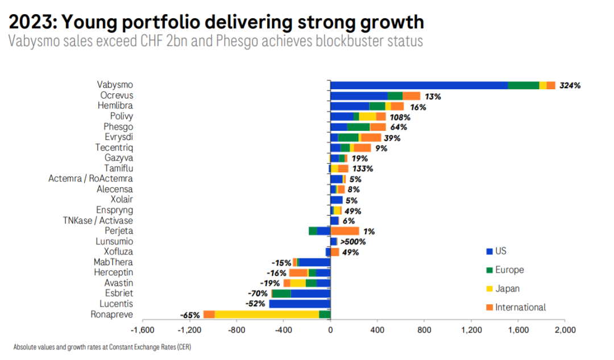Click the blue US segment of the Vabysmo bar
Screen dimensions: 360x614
point(419,85)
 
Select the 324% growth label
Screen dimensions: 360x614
point(570,86)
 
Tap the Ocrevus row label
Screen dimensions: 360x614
point(117,96)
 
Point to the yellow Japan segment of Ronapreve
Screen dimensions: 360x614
point(267,315)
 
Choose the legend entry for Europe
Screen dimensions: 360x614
point(509,270)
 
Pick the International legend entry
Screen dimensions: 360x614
point(520,308)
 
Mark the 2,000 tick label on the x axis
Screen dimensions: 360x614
point(565,330)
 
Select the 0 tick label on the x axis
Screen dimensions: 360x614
point(330,330)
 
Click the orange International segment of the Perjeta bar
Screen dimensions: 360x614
point(345,231)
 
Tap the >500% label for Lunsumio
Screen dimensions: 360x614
point(352,242)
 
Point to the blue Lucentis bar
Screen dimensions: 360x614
point(300,304)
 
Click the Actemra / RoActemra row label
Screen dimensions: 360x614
point(91,179)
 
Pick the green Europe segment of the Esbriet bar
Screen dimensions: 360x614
point(282,293)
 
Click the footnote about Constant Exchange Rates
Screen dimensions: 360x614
point(102,347)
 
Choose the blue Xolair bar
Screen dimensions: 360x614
point(337,200)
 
